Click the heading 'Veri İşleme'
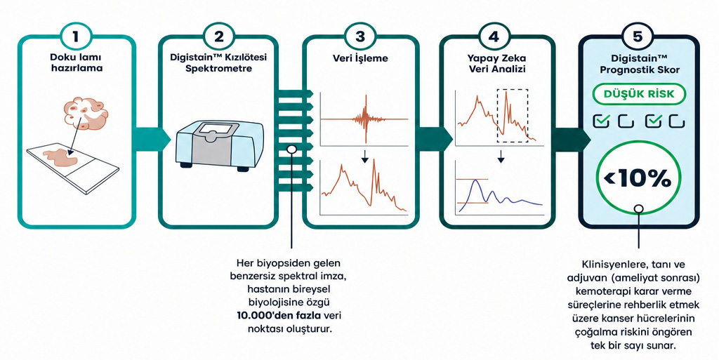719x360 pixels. pyautogui.click(x=360, y=59)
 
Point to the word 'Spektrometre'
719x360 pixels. pyautogui.click(x=218, y=69)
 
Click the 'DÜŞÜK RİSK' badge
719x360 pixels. pyautogui.click(x=638, y=94)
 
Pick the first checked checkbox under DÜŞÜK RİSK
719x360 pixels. pyautogui.click(x=602, y=121)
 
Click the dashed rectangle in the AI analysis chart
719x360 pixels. pyautogui.click(x=513, y=116)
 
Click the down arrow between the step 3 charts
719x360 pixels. pyautogui.click(x=364, y=157)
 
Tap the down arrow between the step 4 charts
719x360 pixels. pyautogui.click(x=501, y=157)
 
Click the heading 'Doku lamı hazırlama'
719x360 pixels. pyautogui.click(x=76, y=64)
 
